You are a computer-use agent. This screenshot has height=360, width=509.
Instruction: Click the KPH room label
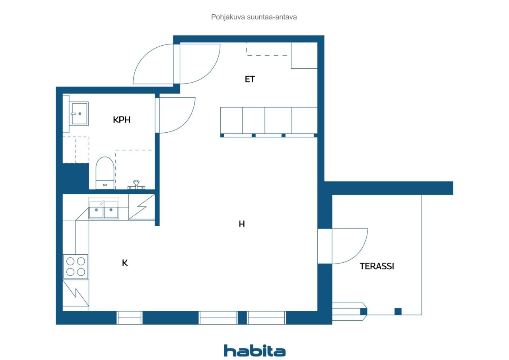pos(122,120)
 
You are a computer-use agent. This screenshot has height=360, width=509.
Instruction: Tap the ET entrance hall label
pos(250,79)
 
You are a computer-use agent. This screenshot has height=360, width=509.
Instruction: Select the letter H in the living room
pos(241,224)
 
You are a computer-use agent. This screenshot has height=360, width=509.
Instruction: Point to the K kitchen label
pos(125,263)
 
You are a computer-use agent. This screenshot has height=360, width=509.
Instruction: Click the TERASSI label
pos(377,266)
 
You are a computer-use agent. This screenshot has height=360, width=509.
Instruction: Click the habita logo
pos(254,350)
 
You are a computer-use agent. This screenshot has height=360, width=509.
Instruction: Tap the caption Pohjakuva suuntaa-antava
pos(254,17)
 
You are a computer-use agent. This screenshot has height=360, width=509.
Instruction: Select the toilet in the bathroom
pos(105,173)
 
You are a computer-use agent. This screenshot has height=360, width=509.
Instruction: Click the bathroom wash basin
pos(79,114)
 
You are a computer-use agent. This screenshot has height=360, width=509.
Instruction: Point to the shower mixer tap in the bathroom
pos(136,185)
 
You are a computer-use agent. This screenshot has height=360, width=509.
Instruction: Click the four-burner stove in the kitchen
pos(76,267)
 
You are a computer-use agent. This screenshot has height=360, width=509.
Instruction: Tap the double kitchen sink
pos(104,210)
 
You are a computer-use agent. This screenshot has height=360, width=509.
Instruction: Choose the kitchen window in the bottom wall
pos(130,317)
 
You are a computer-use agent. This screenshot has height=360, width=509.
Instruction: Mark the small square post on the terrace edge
pos(398,312)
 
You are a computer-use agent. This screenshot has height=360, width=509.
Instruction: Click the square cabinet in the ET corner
pos(304,55)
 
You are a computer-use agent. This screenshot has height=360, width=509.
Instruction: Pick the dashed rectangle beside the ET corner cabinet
pos(267,49)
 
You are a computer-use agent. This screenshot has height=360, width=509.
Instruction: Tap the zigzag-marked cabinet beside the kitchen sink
pos(142,207)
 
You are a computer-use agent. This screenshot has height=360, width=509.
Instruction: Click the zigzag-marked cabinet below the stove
pos(76,293)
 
